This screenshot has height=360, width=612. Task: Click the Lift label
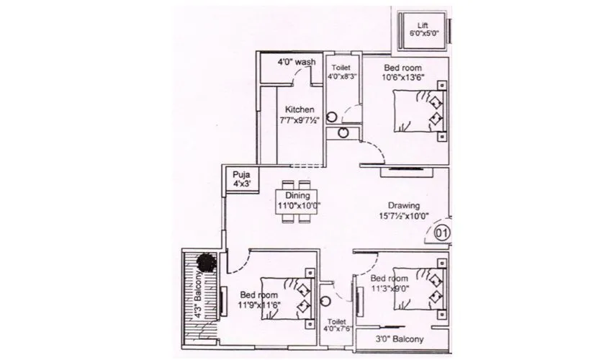[x=423, y=24]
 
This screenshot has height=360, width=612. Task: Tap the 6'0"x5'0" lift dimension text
[x=423, y=33]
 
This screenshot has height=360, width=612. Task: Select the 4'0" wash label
[x=297, y=63]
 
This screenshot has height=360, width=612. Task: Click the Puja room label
[x=239, y=175]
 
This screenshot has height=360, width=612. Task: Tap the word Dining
[x=298, y=196]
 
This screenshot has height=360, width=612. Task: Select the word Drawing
[x=404, y=205]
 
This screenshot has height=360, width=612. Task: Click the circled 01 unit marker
[x=442, y=233]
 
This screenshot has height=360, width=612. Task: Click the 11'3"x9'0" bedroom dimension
[x=389, y=289]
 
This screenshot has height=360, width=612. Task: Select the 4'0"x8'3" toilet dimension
[x=342, y=76]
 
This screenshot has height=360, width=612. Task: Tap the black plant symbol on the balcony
[x=207, y=261]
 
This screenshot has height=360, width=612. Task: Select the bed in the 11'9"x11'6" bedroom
[x=288, y=295]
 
